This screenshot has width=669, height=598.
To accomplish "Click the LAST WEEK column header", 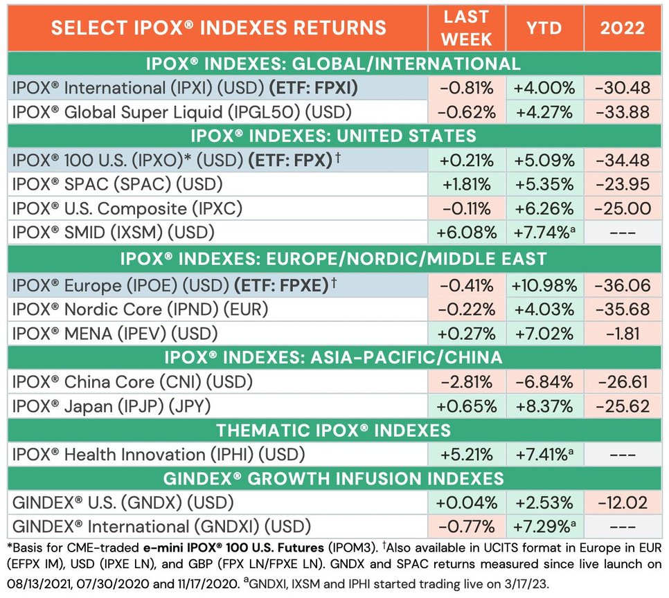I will click(x=467, y=28).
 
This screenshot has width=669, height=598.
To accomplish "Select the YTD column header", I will click(x=544, y=28).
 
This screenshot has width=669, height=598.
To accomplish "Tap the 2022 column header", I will click(x=621, y=28).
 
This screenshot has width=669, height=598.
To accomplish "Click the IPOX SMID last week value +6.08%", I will click(x=467, y=233).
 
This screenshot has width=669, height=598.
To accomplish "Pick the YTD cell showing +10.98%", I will click(x=544, y=285).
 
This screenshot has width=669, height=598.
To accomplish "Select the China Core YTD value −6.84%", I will click(x=544, y=382).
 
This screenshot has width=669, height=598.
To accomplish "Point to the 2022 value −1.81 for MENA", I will click(x=621, y=334).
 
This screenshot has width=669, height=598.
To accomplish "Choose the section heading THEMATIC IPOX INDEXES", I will click(x=333, y=431).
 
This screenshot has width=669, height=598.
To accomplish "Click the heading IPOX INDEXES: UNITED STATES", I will click(x=333, y=135).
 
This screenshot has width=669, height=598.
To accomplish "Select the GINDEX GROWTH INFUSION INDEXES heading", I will click(x=333, y=479).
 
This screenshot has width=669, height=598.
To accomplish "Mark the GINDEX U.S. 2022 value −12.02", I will click(x=621, y=503).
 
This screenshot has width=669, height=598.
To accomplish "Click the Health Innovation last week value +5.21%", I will click(x=467, y=455).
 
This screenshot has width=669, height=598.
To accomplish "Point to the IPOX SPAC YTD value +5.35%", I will click(x=544, y=185).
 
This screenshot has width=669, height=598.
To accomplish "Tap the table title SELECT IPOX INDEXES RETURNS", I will click(x=219, y=28).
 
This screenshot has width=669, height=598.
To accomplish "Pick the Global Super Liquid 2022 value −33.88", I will click(x=621, y=111).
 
